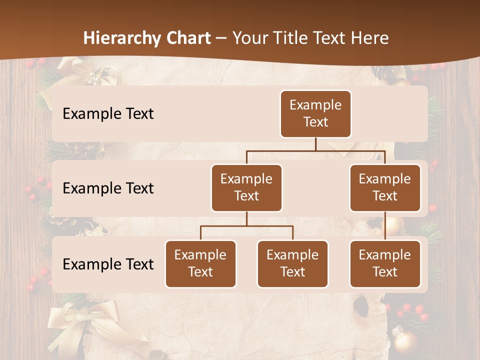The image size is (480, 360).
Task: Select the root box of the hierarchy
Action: point(315,114)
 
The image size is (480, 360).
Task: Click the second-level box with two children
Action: point(246,187)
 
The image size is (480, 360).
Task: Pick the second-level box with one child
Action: point(385,187)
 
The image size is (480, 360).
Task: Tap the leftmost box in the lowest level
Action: point(200,263)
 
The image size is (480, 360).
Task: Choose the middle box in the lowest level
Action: point(292,263)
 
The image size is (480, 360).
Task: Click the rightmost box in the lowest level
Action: point(385,263)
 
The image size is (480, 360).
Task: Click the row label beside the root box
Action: point(108,114)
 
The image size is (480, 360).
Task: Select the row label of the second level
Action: point(108,188)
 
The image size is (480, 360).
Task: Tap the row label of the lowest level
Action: point(108,264)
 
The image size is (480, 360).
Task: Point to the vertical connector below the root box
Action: point(315,144)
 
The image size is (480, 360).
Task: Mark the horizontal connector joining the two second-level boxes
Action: point(315,150)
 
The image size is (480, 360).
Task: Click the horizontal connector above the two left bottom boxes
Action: point(246,226)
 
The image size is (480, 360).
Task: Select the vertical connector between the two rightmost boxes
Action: point(385,225)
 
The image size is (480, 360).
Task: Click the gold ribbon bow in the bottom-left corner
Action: point(75,325)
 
